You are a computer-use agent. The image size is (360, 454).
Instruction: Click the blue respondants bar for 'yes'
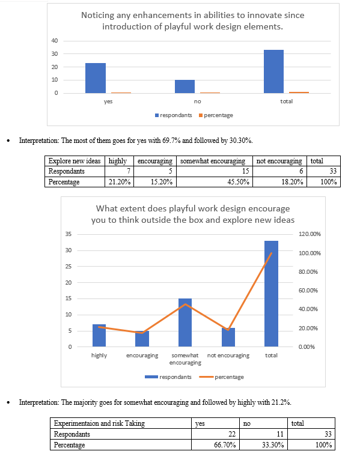[x=96, y=78]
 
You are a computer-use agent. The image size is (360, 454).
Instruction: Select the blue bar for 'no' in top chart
[x=185, y=86]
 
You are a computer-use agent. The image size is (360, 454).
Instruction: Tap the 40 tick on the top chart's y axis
[x=55, y=41]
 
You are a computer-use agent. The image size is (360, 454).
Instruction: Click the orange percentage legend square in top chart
[x=201, y=115]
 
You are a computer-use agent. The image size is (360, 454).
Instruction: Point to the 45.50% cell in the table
[x=215, y=182]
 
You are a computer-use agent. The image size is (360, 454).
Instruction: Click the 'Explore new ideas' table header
[x=75, y=161]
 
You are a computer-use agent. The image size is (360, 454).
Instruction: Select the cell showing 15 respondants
[x=215, y=171]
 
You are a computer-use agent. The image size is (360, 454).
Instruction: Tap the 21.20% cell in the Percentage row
[x=119, y=182]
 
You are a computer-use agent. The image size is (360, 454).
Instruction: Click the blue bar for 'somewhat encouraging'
[x=185, y=322]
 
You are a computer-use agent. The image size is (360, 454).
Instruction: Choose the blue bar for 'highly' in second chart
[x=99, y=335]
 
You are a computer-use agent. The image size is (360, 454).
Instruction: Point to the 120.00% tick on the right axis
[x=310, y=234]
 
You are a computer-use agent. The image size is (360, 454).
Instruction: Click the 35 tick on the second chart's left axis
[x=68, y=234]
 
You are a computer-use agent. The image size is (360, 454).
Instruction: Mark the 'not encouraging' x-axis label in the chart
[x=228, y=356]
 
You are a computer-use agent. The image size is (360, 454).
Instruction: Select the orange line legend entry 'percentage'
[x=221, y=377]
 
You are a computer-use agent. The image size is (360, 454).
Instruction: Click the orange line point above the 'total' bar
[x=271, y=253]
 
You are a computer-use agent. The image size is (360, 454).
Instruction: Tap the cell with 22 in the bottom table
[x=215, y=434]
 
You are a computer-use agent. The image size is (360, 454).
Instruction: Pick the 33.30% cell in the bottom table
[x=263, y=445]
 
